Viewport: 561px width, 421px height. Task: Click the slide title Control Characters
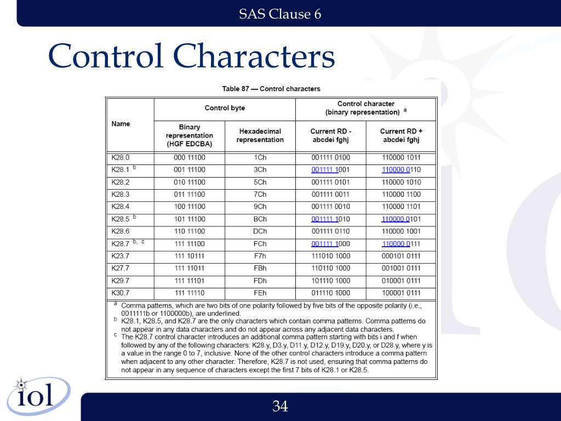pos(191,56)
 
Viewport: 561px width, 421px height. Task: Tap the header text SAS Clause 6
pos(280,14)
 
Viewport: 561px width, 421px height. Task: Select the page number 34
pos(280,406)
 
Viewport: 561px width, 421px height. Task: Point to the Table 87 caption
pos(271,89)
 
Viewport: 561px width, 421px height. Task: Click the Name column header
pos(121,124)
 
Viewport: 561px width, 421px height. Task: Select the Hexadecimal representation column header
pos(260,135)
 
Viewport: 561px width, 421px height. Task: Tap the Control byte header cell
pos(225,108)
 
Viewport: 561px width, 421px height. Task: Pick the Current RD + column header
pos(401,135)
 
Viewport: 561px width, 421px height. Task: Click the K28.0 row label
pos(121,157)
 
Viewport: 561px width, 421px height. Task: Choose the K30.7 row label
pos(121,293)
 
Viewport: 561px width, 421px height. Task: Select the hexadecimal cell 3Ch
pos(260,170)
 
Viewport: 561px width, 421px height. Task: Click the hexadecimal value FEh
pos(260,293)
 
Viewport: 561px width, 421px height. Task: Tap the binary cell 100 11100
pos(190,207)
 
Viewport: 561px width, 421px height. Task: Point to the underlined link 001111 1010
pos(330,219)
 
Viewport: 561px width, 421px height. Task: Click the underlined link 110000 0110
pos(401,170)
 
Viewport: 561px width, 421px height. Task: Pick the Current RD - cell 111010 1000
pos(330,256)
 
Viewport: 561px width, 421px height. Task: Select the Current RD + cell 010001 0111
pos(401,281)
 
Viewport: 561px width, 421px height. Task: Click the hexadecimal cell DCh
pos(260,231)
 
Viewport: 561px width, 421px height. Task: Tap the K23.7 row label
pos(121,256)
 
